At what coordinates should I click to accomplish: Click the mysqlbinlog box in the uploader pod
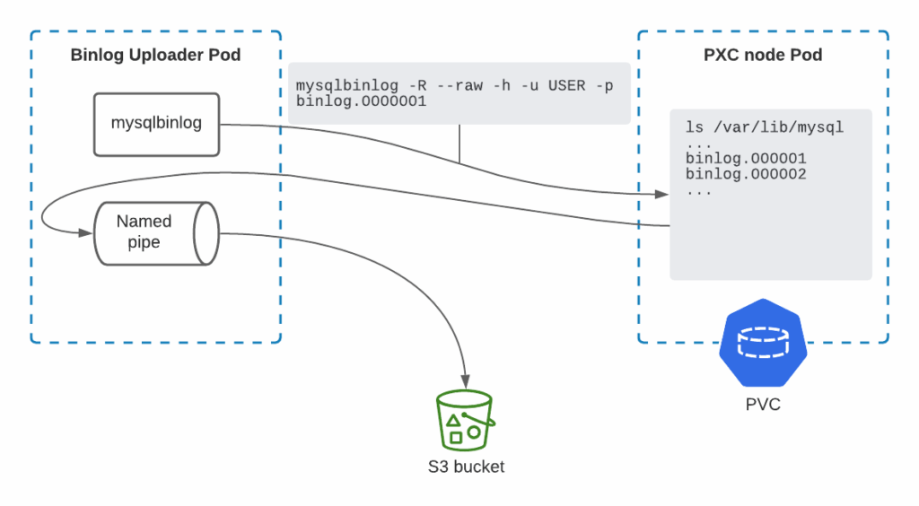156,124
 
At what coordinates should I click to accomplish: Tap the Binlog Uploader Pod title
155,56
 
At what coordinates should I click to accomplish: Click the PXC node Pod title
763,56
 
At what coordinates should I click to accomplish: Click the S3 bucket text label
466,467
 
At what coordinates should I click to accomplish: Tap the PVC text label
763,405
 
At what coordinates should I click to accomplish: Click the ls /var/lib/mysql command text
764,126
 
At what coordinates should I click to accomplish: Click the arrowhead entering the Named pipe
87,233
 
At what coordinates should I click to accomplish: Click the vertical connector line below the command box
459,144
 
